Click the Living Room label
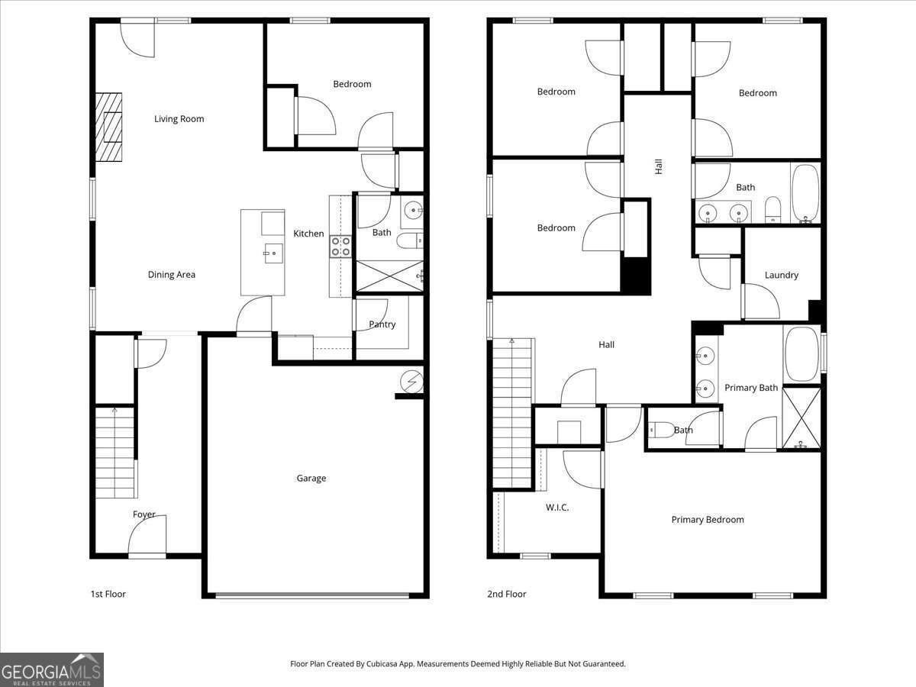pyautogui.click(x=179, y=118)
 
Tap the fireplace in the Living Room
pyautogui.click(x=108, y=127)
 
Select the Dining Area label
pyautogui.click(x=171, y=274)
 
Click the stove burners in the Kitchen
pyautogui.click(x=340, y=246)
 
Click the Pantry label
pyautogui.click(x=382, y=324)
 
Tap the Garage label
pyautogui.click(x=311, y=478)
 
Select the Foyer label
pyautogui.click(x=144, y=514)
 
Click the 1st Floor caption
pyautogui.click(x=108, y=594)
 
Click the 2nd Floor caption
pyautogui.click(x=506, y=594)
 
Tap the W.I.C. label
pyautogui.click(x=556, y=508)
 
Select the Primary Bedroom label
pyautogui.click(x=707, y=519)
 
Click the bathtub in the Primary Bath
pyautogui.click(x=801, y=354)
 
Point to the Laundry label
pyautogui.click(x=781, y=275)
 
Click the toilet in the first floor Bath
pyautogui.click(x=409, y=241)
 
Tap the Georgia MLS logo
pyautogui.click(x=52, y=669)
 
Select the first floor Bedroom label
pyautogui.click(x=352, y=84)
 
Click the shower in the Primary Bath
pyautogui.click(x=801, y=418)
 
